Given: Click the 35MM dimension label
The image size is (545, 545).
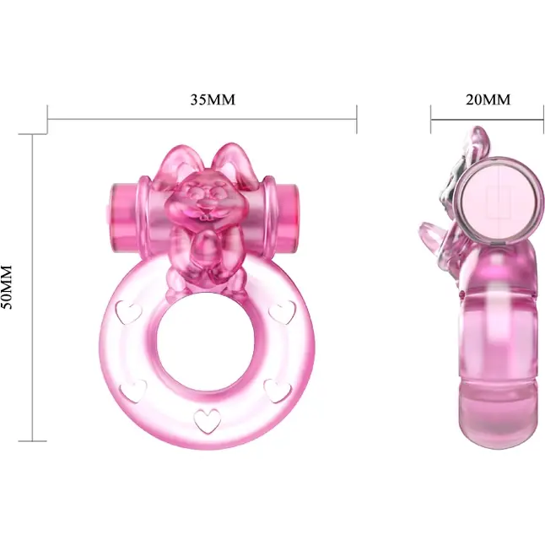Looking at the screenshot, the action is (213, 100).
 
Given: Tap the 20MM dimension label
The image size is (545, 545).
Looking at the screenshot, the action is (488, 100).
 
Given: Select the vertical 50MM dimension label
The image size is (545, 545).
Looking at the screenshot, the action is (7, 287).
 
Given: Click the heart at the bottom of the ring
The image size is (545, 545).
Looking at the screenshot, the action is (208, 421).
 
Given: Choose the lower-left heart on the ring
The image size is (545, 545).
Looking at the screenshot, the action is (133, 391).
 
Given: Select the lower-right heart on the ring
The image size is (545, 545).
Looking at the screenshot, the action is (278, 391).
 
